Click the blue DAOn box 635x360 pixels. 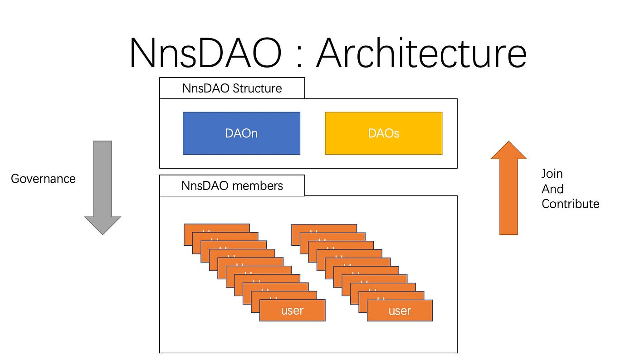point(241,133)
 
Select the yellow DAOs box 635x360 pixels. point(383,133)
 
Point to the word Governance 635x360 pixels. point(43,179)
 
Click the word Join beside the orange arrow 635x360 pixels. point(552,174)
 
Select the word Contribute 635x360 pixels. point(570,204)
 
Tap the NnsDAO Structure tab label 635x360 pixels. point(232,88)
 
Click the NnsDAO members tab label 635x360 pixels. point(232,186)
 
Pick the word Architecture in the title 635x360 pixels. point(421,54)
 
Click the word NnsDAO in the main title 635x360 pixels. point(205,54)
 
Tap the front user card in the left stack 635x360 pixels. point(292,311)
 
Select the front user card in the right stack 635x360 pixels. point(400,311)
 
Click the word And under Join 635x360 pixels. point(552,189)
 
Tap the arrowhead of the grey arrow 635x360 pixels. point(103,225)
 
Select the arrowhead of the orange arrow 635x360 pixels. point(508,151)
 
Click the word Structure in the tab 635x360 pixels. point(257,88)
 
